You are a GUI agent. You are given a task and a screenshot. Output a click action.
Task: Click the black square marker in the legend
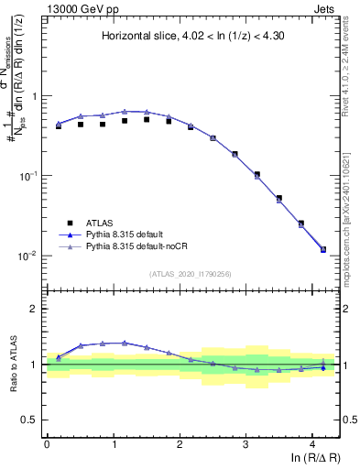[x=68, y=223]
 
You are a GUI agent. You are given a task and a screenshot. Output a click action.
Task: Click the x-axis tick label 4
[x=312, y=444]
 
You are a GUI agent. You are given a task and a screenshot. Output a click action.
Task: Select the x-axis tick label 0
[x=47, y=444]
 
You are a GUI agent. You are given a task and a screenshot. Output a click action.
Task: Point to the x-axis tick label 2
[x=180, y=444]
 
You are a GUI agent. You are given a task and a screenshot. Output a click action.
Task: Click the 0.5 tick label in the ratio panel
[x=32, y=420]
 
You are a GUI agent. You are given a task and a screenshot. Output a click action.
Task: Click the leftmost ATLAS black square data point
[x=59, y=126]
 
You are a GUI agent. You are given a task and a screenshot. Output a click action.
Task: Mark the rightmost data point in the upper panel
[x=322, y=249]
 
